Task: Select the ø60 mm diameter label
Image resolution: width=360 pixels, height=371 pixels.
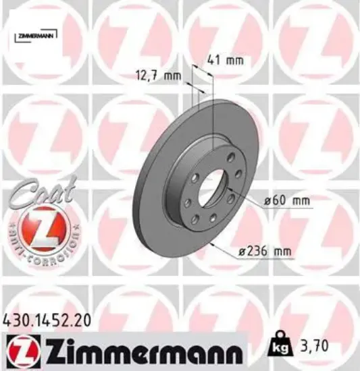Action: pos(282,200)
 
